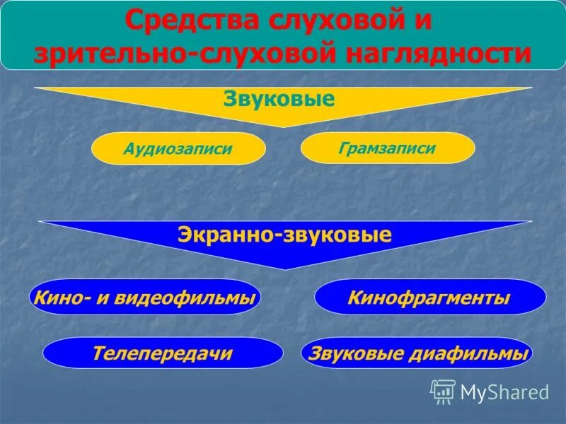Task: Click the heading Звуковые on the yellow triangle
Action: pos(279,99)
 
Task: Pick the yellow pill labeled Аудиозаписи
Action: pos(178,148)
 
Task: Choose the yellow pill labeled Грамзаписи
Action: pos(388,148)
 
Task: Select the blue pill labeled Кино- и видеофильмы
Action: pos(145,298)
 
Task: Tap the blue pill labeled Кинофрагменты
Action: pos(429,298)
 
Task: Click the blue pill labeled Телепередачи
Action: pos(163,353)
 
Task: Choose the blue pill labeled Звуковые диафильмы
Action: pos(417,353)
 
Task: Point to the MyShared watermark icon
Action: pos(443,391)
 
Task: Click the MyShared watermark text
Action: pos(504,392)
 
